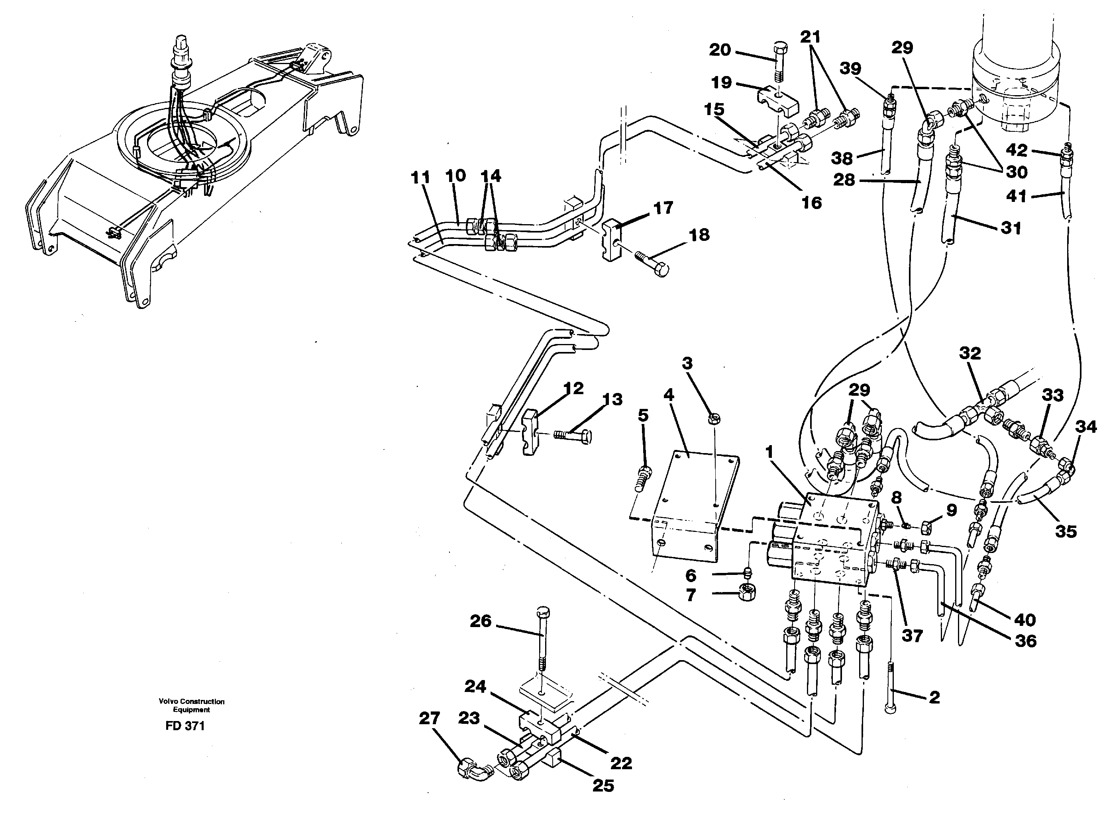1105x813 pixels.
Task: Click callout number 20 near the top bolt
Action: click(719, 50)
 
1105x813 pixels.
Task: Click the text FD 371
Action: click(185, 726)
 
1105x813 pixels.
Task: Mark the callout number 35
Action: click(1066, 531)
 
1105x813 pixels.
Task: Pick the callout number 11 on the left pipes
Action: click(420, 177)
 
